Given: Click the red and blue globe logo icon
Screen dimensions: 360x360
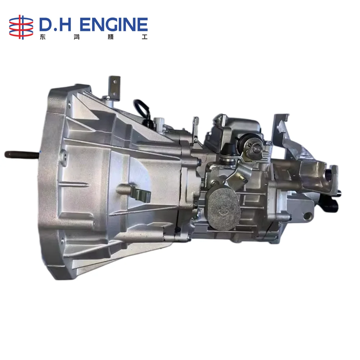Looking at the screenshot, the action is pyautogui.click(x=21, y=27).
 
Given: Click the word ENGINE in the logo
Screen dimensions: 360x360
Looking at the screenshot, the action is pyautogui.click(x=113, y=25).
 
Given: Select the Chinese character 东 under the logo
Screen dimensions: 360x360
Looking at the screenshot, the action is pyautogui.click(x=42, y=37).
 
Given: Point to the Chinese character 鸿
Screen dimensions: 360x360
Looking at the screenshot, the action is pyautogui.click(x=77, y=37).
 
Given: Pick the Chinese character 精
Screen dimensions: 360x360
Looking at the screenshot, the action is pyautogui.click(x=111, y=37).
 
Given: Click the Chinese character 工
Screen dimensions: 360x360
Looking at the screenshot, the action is pyautogui.click(x=144, y=37).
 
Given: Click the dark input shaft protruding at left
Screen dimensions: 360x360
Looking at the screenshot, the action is pyautogui.click(x=22, y=154).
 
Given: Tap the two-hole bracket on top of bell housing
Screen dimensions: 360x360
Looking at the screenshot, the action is pyautogui.click(x=114, y=88).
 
